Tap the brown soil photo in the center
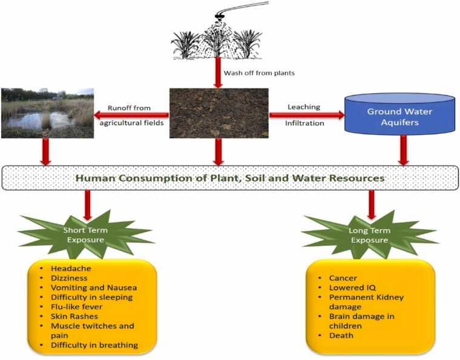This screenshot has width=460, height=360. pos(218,113)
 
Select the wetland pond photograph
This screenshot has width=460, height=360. pos(47,113)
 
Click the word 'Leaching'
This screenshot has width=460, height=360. pos(304,107)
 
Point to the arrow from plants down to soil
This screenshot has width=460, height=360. pos(218,73)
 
